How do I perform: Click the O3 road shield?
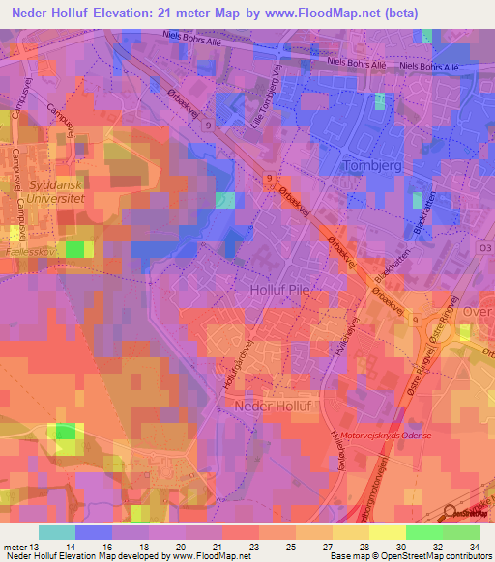(x=484, y=247)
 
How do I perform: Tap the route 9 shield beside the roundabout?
(x=416, y=320)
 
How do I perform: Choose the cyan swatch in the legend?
(x=56, y=532)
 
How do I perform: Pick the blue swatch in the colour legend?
(x=93, y=532)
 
